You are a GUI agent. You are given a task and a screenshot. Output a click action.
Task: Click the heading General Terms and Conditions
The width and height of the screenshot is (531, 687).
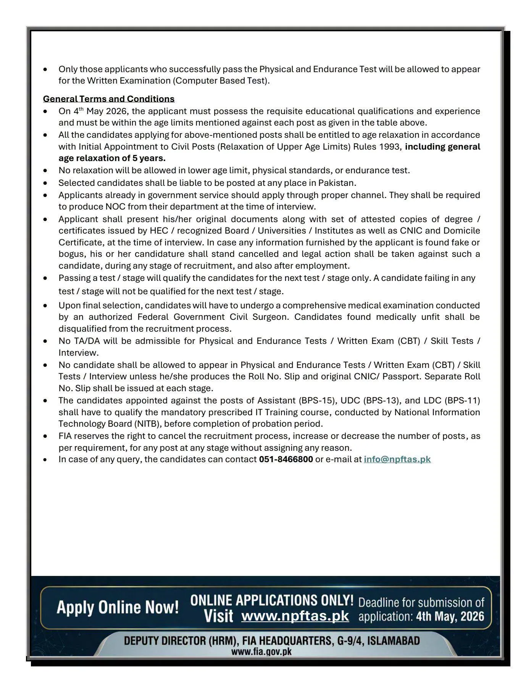point(108,99)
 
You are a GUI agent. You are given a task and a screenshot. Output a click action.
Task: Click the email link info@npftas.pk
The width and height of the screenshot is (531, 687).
point(397,459)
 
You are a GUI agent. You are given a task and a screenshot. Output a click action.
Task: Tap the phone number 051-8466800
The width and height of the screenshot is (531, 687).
point(286,459)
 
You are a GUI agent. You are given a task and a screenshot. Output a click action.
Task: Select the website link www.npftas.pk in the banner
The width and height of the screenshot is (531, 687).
point(295,616)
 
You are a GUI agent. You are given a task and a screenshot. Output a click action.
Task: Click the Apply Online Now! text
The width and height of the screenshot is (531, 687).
point(118,607)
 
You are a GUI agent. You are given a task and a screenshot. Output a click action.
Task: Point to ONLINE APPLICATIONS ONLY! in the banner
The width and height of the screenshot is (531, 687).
point(272,600)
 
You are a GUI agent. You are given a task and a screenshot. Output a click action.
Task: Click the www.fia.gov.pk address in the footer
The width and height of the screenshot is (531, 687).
point(261,652)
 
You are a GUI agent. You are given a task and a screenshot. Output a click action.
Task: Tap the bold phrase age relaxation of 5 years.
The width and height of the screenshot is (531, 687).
point(112,158)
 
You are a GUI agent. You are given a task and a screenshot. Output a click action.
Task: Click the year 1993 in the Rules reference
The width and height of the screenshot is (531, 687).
point(389,147)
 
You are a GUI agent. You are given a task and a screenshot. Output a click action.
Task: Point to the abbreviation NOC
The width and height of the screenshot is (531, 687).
point(115,207)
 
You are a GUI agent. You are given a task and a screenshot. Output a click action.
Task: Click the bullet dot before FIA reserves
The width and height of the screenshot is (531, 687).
point(45,436)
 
